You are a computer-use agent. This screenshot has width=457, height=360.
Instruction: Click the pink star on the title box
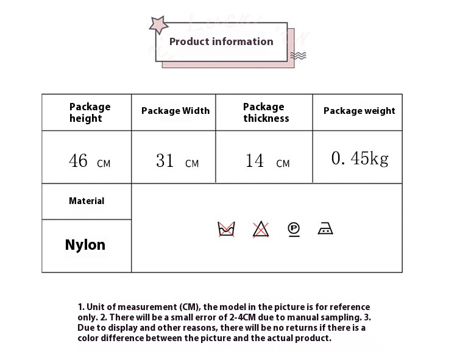pos(158,25)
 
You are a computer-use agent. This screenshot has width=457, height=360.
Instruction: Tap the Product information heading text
pos(221,41)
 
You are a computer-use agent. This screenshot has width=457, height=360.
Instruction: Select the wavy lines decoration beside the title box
pos(298,55)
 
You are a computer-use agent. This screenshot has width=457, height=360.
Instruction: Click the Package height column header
pos(90,113)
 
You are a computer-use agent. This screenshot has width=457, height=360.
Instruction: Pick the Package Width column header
pos(175,111)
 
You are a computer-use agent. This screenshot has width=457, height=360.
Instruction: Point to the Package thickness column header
pos(266,113)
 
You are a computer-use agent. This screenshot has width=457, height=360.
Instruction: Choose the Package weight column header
pos(360,111)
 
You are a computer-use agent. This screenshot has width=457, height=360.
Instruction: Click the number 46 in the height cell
pos(78,160)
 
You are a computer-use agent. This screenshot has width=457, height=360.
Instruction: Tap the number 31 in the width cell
pos(165,160)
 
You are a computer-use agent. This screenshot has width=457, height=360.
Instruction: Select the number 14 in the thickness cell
pos(255,160)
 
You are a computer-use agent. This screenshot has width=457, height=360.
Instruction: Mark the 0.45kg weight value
pos(360,158)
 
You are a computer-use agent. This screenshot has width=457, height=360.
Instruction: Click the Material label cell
pos(87,201)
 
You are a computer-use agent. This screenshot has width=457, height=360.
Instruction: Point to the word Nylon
pos(85,245)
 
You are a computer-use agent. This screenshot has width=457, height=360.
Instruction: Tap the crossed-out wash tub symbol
pos(226,229)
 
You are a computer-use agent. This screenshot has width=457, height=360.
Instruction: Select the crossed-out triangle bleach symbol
pos(261,229)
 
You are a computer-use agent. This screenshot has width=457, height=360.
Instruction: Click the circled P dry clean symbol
pos(294,230)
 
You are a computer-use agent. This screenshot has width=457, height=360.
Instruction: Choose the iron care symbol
pos(325,228)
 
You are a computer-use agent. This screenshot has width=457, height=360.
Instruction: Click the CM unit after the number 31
pos(192,164)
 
